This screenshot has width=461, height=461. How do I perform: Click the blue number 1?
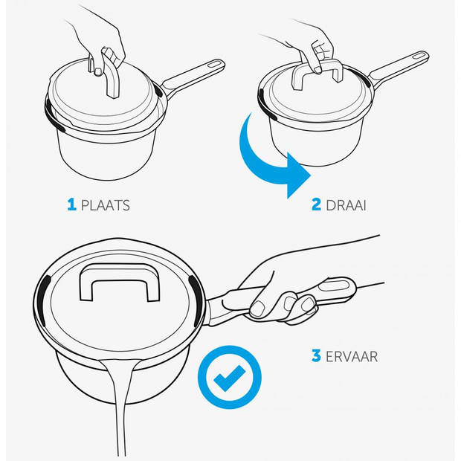click(71, 204)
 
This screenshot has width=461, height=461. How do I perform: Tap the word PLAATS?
click(106, 205)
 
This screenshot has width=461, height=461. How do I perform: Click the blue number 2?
click(316, 204)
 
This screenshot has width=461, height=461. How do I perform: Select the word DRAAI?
click(346, 205)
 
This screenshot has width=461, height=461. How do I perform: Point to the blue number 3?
click(316, 355)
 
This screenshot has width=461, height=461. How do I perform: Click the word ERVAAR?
click(352, 356)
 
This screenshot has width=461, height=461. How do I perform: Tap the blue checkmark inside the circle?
click(229, 378)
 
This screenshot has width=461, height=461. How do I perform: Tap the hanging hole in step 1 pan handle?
click(216, 64)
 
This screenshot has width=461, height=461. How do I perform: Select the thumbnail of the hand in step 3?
click(257, 308)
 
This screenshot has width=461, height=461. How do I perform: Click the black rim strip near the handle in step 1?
click(159, 91)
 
